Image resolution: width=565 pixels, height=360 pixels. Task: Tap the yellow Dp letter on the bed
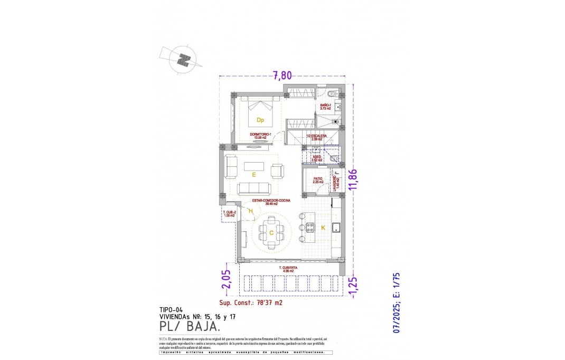coord(260,120)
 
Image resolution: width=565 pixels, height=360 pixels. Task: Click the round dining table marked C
coord(270,233)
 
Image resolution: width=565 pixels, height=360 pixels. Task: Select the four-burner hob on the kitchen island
coord(309,228)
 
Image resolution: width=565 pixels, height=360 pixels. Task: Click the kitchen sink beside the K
coord(335,228)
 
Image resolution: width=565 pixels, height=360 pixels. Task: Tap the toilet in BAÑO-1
coord(331,94)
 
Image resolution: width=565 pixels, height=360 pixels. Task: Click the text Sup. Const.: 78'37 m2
coord(250,303)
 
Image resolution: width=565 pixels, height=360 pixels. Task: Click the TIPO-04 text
coord(171,310)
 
